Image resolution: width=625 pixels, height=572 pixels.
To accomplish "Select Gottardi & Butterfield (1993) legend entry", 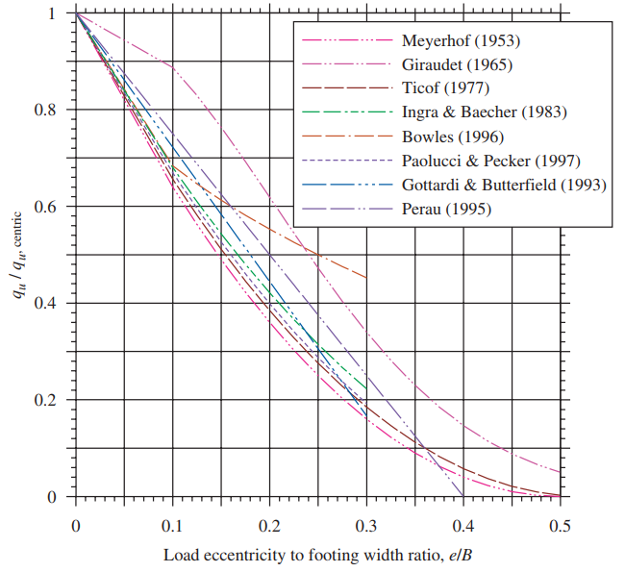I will coord(504,184).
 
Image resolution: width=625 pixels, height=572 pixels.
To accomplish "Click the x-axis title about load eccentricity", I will coord(317,556).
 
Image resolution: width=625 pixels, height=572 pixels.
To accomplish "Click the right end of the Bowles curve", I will coord(366,278).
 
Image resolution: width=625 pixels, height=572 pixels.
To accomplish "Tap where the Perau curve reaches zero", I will coord(463,496).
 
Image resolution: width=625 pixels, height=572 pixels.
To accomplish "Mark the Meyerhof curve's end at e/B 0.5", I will coord(560,472).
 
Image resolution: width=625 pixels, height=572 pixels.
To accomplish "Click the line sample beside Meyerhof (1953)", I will coord(348,42).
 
